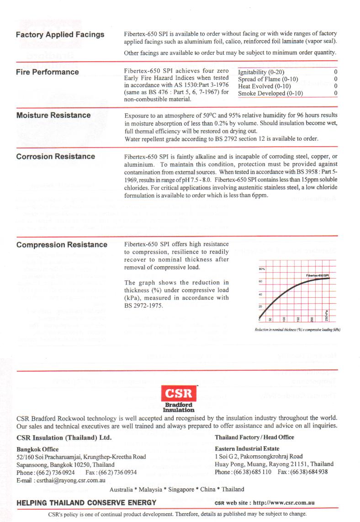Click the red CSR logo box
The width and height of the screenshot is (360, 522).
[179, 393]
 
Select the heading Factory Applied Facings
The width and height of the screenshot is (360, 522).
[60, 35]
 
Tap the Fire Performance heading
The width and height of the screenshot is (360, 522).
[47, 72]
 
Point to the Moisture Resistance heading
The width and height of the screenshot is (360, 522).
[53, 115]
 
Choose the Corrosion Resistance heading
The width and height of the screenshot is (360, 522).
[55, 157]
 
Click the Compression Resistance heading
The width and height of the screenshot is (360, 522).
[62, 245]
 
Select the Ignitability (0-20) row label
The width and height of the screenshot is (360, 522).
[261, 72]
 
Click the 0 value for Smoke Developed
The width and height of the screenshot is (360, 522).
[335, 94]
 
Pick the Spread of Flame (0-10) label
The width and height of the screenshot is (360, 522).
[268, 79]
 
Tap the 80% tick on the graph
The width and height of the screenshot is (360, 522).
[262, 269]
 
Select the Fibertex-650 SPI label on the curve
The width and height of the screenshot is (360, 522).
[321, 275]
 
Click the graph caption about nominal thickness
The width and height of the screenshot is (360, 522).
[297, 329]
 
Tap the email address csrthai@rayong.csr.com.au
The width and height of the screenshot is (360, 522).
[61, 480]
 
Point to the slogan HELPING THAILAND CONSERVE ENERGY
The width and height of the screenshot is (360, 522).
[86, 503]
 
